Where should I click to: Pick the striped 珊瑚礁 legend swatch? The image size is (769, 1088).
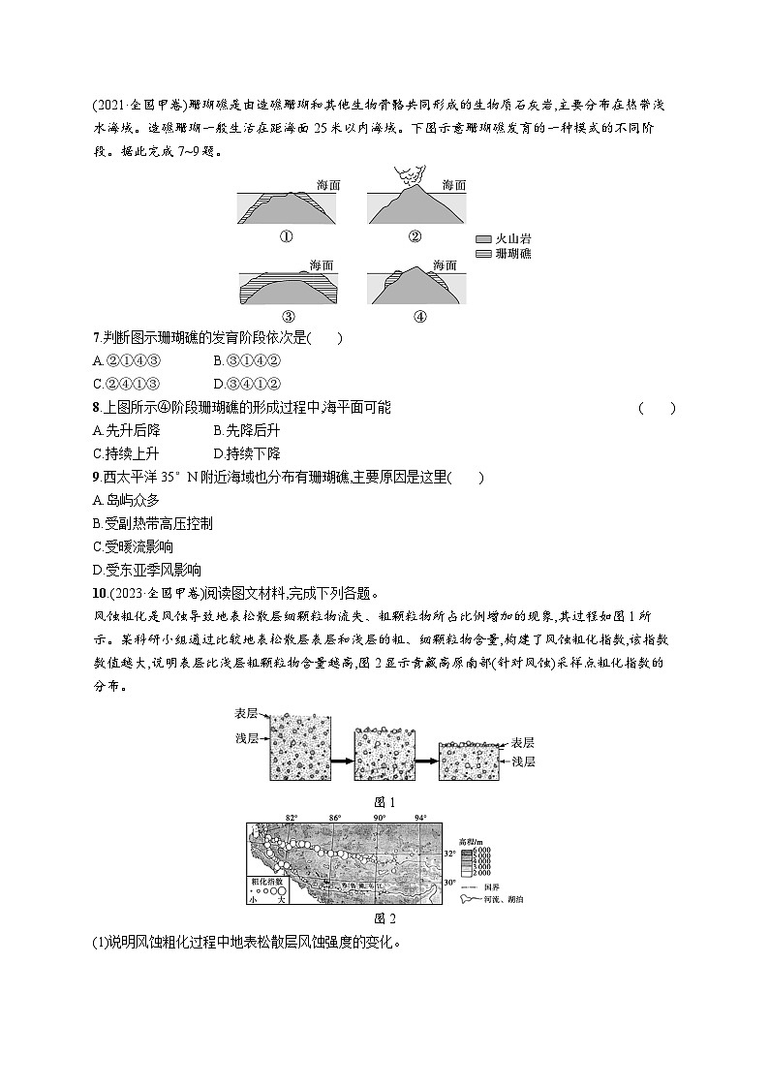tap(484, 254)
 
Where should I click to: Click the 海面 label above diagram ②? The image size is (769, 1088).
tap(453, 184)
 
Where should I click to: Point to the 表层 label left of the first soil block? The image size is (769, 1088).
tap(246, 713)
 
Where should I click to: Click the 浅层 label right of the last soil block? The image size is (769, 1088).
tap(523, 762)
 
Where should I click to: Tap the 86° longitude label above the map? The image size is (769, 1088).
tap(335, 818)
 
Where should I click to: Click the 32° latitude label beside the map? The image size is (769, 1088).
tap(449, 854)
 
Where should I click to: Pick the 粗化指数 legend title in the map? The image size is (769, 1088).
tap(266, 882)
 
